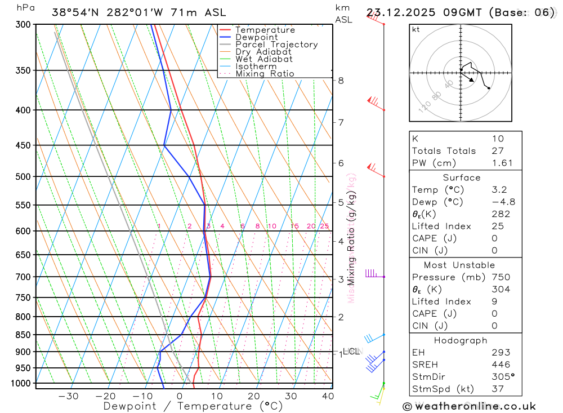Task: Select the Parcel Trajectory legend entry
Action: [276, 45]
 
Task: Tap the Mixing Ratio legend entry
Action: [265, 74]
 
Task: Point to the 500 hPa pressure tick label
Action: [24, 177]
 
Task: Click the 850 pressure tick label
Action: [24, 335]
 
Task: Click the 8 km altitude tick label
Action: [341, 81]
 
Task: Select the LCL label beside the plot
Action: [351, 352]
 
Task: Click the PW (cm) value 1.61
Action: [502, 163]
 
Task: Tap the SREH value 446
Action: [500, 365]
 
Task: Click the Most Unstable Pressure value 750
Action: [501, 277]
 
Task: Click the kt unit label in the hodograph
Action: [416, 29]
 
